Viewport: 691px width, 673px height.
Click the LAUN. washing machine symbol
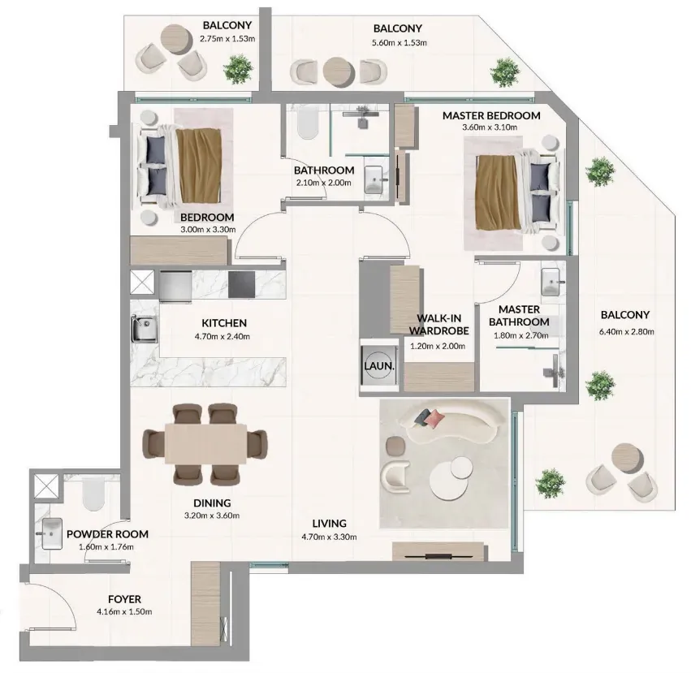(x=379, y=365)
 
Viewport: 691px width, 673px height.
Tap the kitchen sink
(x=144, y=328)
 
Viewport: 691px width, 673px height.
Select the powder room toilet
(x=93, y=494)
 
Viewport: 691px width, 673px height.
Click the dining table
(x=205, y=443)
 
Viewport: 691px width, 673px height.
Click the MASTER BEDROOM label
(x=491, y=116)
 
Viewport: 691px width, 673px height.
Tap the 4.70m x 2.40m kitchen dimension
(x=222, y=337)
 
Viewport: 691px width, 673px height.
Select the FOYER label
(x=125, y=599)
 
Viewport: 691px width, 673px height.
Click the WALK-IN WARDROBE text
(x=438, y=325)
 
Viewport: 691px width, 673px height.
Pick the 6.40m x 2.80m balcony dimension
(x=626, y=332)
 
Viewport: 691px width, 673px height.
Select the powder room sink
(x=52, y=533)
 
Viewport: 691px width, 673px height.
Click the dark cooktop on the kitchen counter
(x=241, y=284)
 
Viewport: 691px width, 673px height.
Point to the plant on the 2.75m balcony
(x=239, y=69)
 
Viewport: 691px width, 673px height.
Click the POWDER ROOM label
(x=107, y=534)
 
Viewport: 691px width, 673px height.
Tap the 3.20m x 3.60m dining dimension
(x=212, y=516)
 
